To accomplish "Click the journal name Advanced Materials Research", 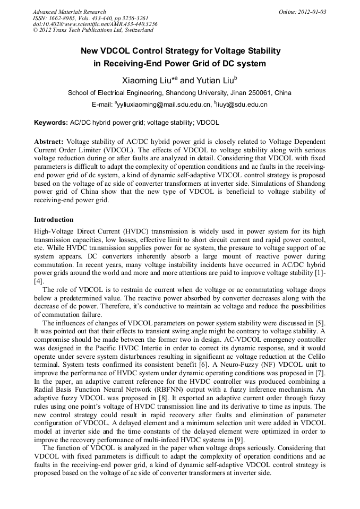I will pos(69,12).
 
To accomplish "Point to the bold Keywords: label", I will pos(51,123).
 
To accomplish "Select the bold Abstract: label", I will pos(49,142).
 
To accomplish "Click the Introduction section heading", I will pos(54,219).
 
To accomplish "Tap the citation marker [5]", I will pos(320,324).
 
